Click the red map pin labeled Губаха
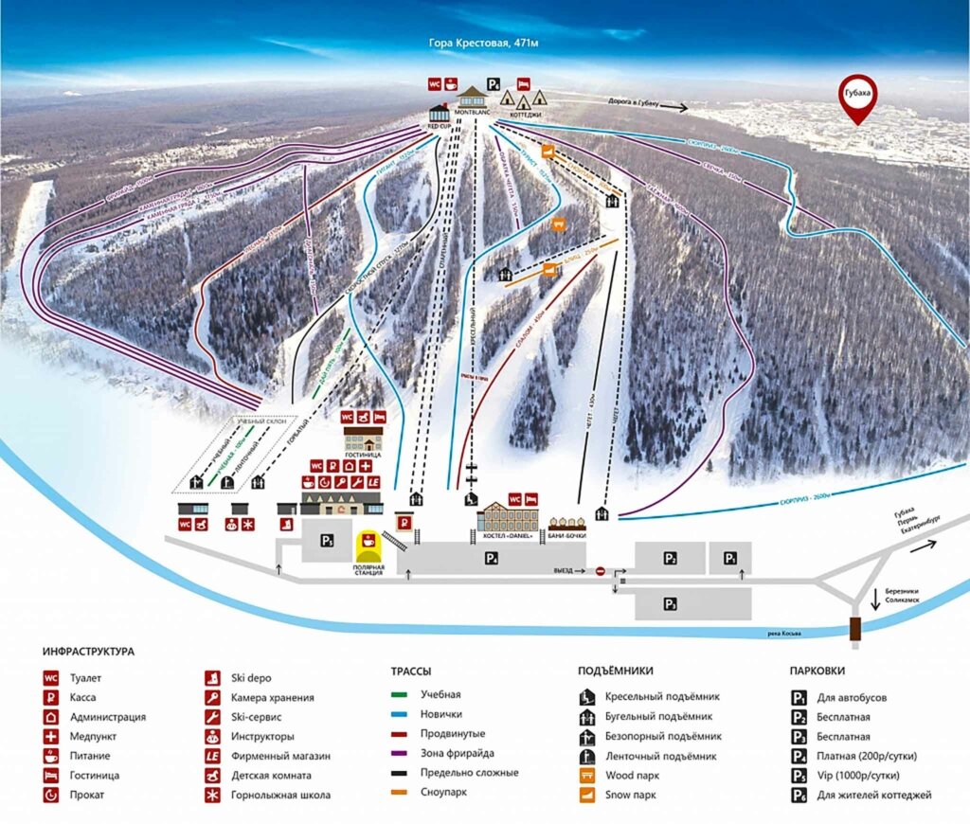tap(858, 97)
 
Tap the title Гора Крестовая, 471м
tap(485, 44)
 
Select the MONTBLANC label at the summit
tap(471, 112)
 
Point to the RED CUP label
tap(439, 123)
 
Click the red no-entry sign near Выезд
tap(600, 571)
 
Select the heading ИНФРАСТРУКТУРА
tap(88, 652)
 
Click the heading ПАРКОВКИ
tap(817, 671)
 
